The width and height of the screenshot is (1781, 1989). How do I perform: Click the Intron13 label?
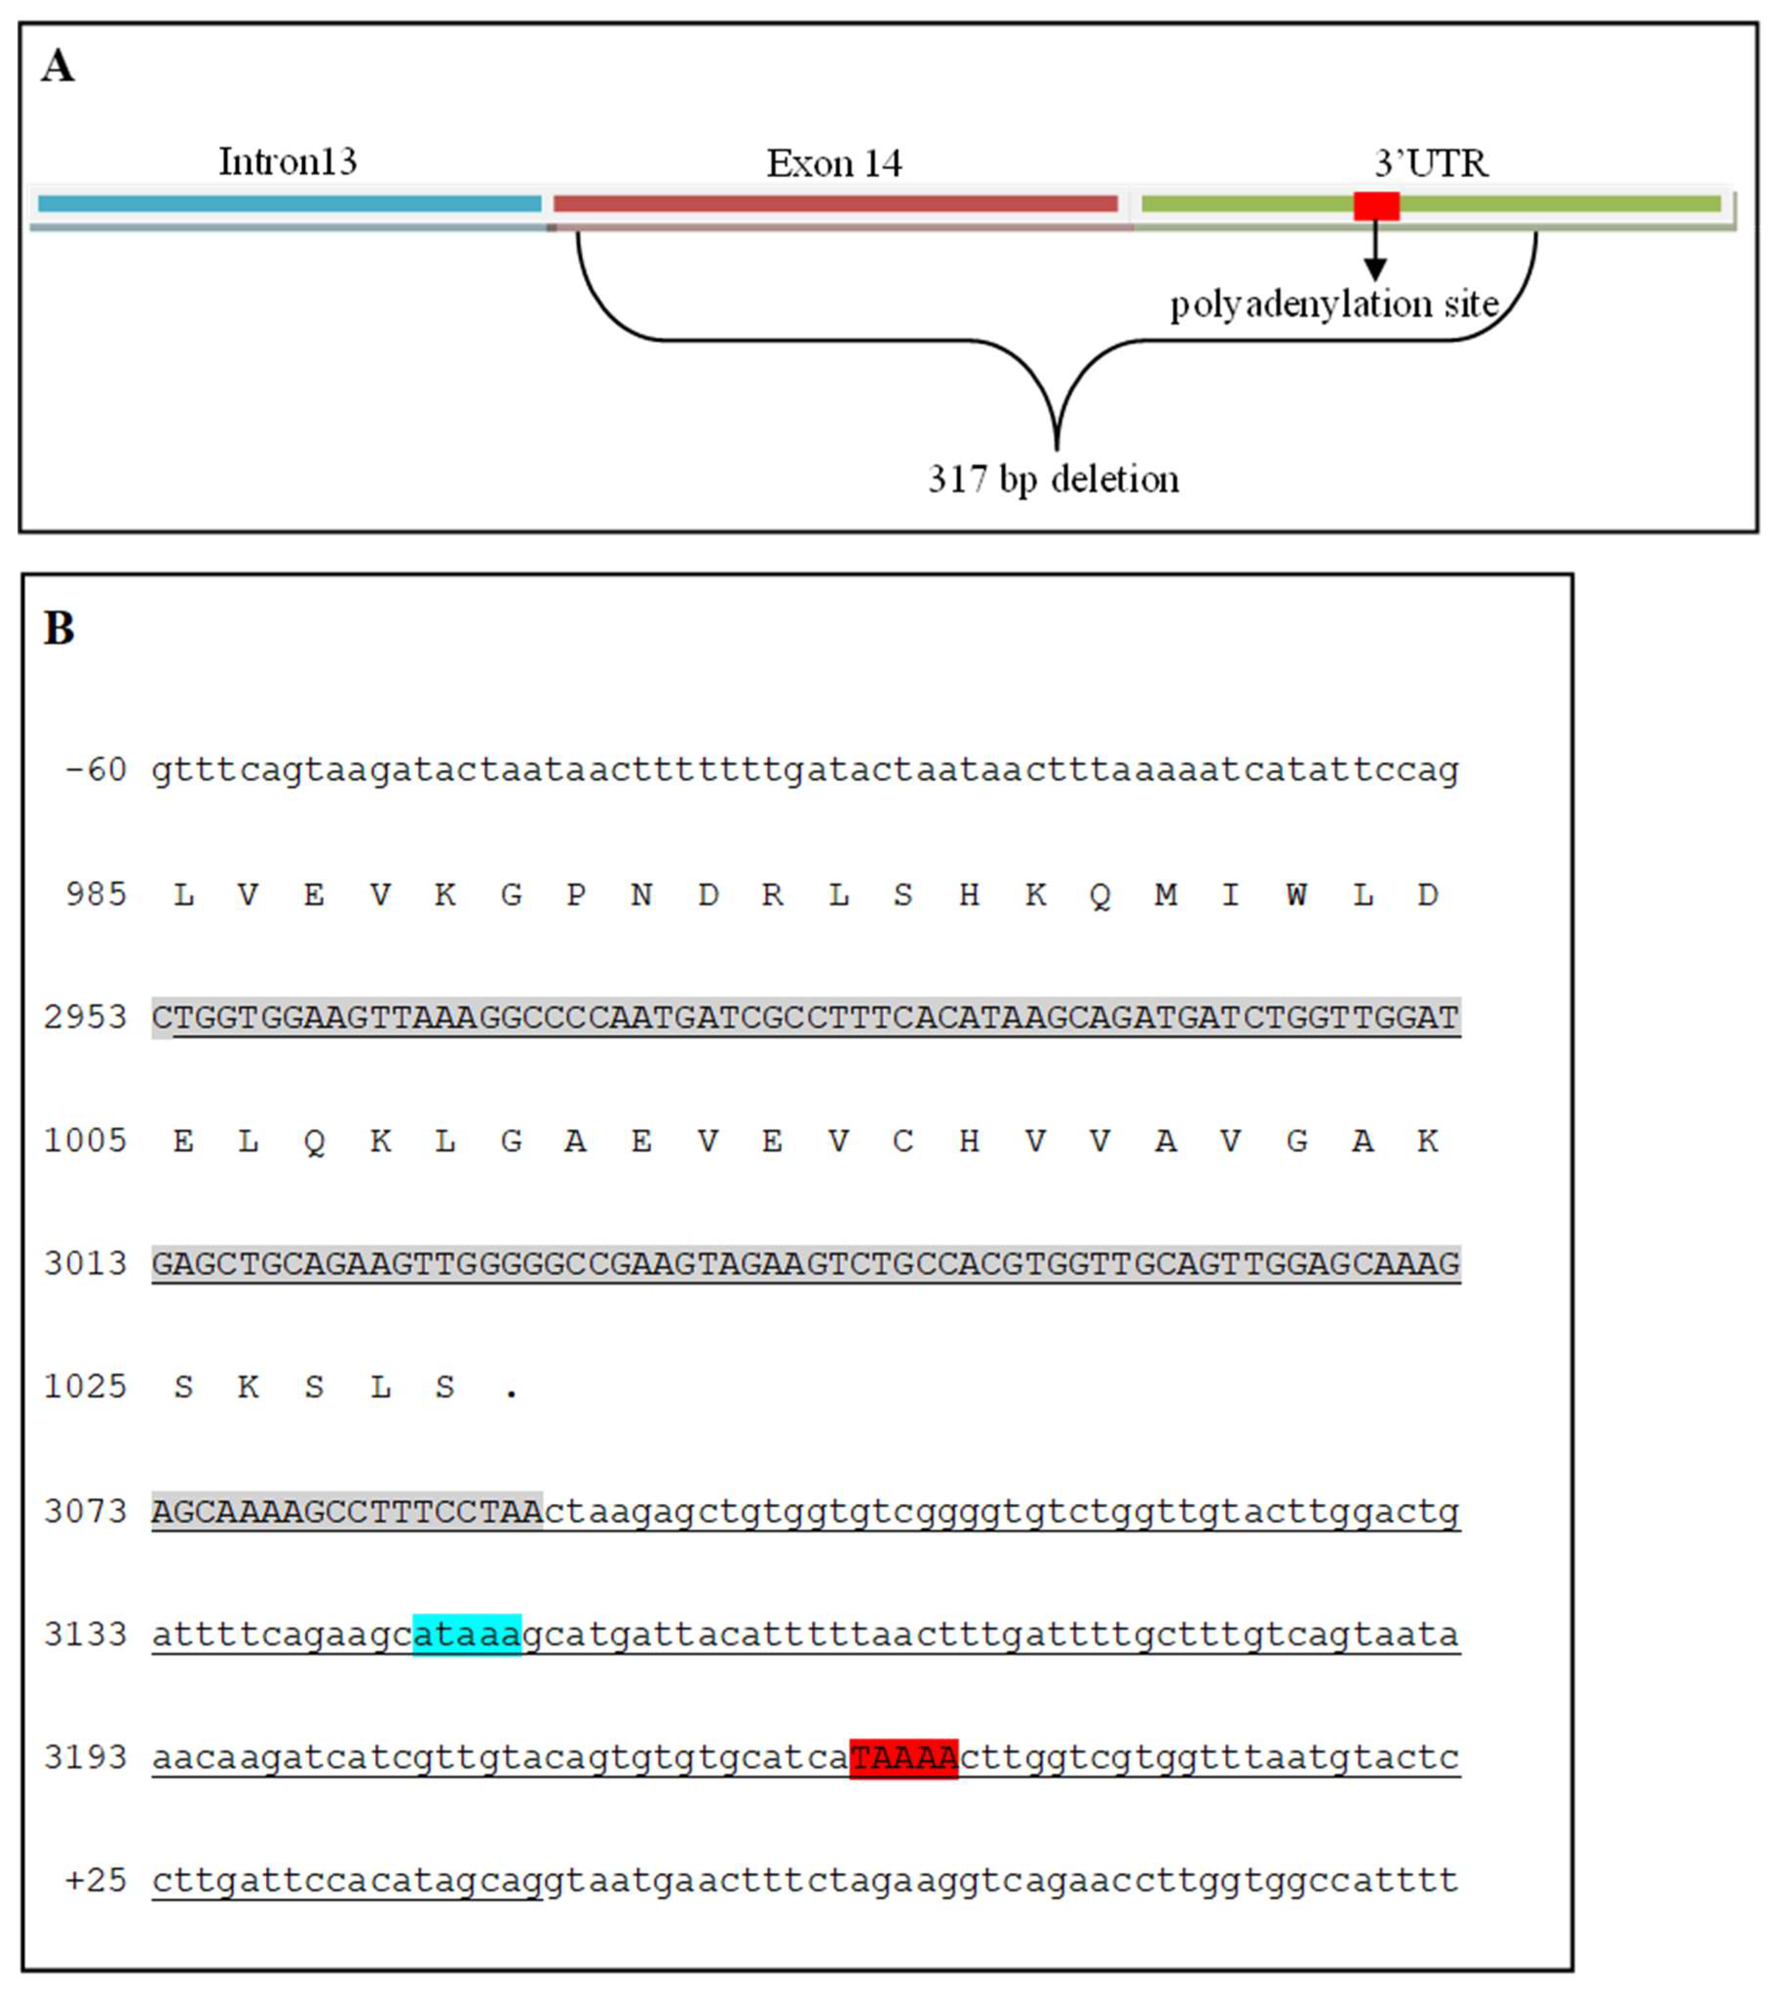coord(287,161)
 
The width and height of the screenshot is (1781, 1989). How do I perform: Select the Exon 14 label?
coord(834,163)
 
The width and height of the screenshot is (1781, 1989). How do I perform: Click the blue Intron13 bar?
coord(289,204)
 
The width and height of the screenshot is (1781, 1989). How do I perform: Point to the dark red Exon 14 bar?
coord(835,204)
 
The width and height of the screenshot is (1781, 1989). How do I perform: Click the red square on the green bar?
coord(1376,206)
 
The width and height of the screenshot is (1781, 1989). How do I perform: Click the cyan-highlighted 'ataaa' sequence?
coord(467,1635)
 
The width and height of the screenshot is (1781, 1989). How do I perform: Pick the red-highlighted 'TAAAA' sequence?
coord(903,1758)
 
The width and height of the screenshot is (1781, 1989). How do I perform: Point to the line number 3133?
coord(85,1635)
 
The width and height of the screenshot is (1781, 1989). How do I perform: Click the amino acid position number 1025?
coord(85,1387)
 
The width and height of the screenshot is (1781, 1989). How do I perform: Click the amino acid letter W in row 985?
coord(1296,895)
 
